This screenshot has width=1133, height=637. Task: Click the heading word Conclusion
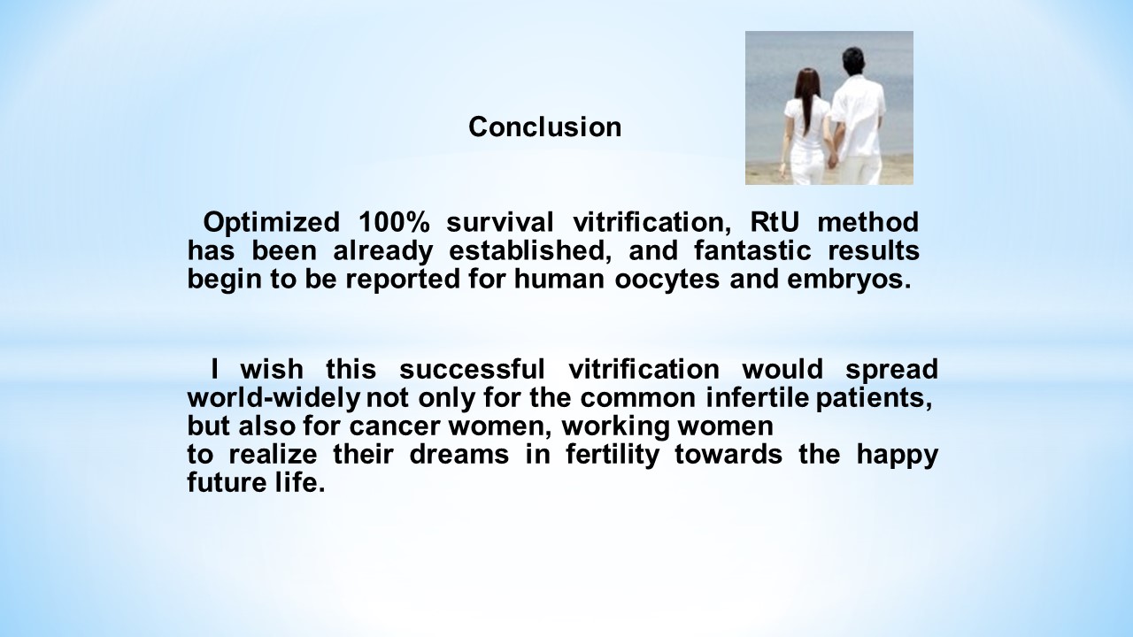point(544,127)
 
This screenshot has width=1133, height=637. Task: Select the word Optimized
point(272,222)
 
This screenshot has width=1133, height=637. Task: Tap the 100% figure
point(394,222)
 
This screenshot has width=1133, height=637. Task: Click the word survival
point(500,222)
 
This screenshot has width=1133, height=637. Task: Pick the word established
point(529,250)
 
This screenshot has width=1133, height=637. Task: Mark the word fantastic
point(752,250)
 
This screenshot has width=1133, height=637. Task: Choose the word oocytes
point(667,280)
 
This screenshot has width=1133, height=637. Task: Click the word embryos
point(849,280)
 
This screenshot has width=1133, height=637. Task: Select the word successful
point(472,369)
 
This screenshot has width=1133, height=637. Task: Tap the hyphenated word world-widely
point(274,398)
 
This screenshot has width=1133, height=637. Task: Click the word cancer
point(394,426)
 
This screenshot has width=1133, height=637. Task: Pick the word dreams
point(459,454)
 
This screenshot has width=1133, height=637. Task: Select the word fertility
point(613,455)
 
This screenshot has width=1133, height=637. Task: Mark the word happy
point(898,455)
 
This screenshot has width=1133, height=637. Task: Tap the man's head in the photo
point(852,62)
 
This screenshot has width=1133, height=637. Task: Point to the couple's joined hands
point(832,161)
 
